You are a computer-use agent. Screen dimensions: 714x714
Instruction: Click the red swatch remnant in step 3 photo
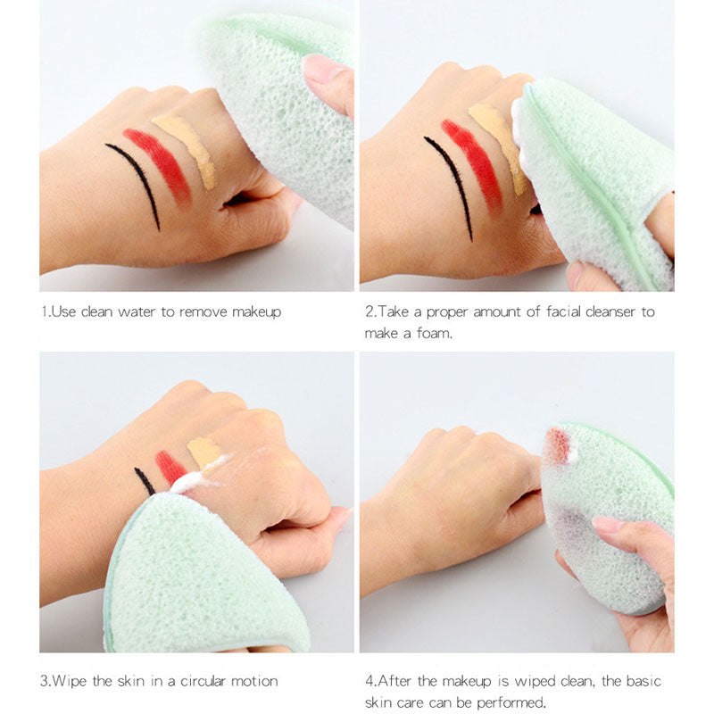(169, 466)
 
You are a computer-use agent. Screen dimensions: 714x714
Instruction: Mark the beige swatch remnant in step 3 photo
(203, 451)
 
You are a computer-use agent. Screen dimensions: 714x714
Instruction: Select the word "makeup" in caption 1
(256, 311)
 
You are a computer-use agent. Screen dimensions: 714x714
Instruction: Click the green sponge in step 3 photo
(196, 580)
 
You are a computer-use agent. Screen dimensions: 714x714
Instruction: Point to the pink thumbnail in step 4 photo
(608, 525)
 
